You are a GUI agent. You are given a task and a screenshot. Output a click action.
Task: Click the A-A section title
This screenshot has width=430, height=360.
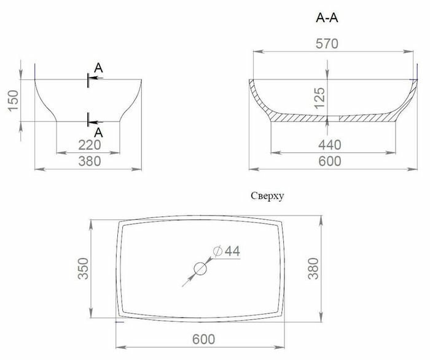327,18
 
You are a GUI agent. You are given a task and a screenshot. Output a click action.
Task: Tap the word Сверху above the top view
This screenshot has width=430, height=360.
267,197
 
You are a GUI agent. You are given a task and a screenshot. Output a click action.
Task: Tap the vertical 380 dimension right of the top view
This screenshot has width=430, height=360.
330,267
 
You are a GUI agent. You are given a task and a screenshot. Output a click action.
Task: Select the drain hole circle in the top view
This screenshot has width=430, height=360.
200,268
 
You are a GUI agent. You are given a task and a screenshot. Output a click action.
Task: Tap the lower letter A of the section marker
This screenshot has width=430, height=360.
99,131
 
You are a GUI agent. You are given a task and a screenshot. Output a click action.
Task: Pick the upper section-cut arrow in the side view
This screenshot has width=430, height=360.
95,78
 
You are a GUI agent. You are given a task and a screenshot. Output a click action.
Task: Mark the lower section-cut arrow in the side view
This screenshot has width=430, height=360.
95,121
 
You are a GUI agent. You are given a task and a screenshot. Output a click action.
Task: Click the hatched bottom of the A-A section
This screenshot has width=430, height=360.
362,117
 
